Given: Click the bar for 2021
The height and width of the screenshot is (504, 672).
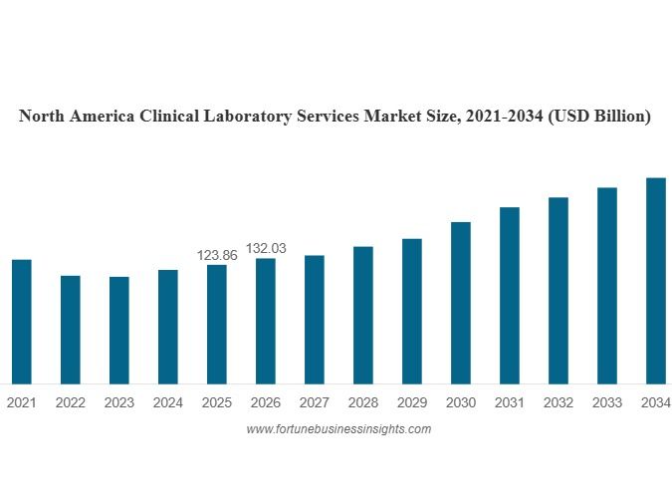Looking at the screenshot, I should pos(22,321).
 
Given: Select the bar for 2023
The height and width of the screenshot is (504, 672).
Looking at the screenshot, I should pos(119,330).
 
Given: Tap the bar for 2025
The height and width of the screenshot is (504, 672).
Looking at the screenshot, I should pos(217,324).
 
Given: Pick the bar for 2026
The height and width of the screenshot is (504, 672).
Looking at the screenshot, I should pos(266,321).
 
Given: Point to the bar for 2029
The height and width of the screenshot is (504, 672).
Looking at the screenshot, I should pos(412,311).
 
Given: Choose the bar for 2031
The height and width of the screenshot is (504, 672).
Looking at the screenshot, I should pos(510,295).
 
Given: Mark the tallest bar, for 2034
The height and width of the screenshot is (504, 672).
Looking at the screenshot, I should pos(656,280).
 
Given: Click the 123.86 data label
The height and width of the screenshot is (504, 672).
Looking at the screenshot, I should pos(217,256).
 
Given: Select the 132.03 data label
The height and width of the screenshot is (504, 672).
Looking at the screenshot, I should pos(266,248).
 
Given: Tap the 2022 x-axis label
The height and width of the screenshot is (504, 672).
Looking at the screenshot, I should pos(71,403).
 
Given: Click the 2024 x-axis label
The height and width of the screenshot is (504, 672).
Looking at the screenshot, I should pos(168,403).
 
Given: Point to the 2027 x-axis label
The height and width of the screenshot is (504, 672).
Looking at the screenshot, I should pos(315,403).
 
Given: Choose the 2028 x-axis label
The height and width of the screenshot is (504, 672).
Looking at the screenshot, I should pos(363,403).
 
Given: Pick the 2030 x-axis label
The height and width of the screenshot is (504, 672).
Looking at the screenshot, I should pos(461,403).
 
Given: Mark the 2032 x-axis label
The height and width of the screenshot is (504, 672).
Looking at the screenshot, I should pos(559,403).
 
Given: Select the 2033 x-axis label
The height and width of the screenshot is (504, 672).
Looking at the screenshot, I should pos(607,403).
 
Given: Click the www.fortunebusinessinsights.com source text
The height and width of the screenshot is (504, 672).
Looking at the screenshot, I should pos(338,429).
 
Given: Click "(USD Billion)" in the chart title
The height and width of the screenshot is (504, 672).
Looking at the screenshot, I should pos(598,117).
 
